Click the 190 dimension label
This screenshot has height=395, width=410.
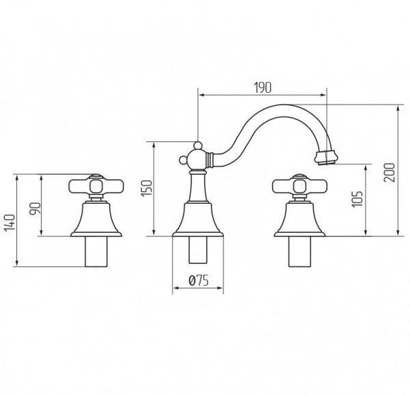click(263, 88)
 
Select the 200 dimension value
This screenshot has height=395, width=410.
click(389, 172)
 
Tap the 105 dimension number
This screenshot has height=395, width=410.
click(357, 200)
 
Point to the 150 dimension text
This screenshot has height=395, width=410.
click(146, 188)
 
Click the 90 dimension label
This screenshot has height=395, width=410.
click(36, 208)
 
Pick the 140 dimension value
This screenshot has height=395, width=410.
click(10, 223)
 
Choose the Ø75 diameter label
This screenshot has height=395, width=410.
click(198, 281)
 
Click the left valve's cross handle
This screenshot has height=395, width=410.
click(96, 187)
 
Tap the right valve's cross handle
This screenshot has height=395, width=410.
click(300, 187)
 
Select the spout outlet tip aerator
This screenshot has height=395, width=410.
click(326, 157)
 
